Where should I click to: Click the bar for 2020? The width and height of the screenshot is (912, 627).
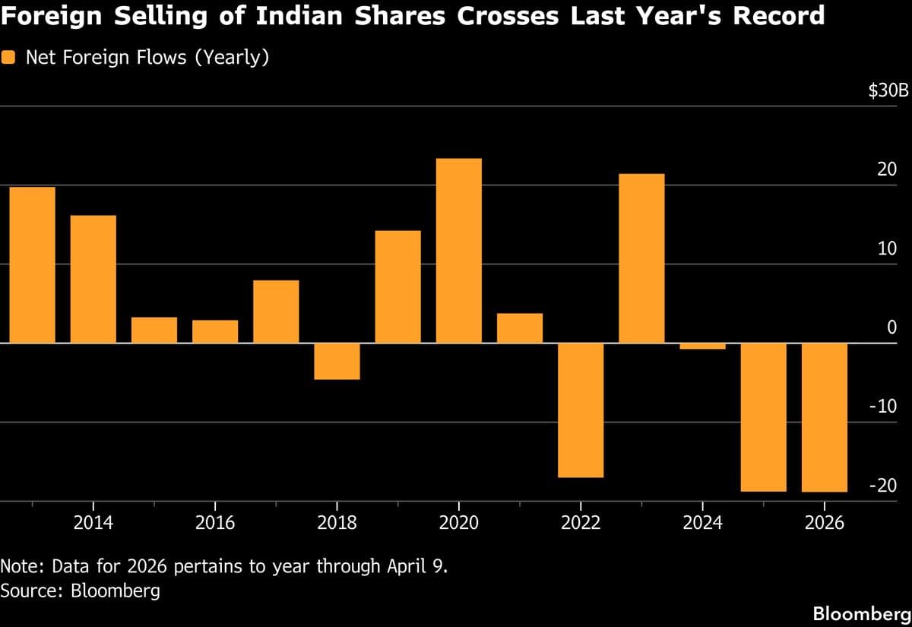pyautogui.click(x=458, y=251)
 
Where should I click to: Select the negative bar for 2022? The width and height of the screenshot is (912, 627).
pyautogui.click(x=580, y=410)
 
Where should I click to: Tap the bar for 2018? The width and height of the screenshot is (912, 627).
pyautogui.click(x=337, y=362)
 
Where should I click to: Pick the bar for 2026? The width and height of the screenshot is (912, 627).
pyautogui.click(x=824, y=418)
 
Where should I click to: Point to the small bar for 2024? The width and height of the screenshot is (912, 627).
pyautogui.click(x=702, y=347)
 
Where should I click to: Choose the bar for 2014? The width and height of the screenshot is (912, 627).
pyautogui.click(x=93, y=279)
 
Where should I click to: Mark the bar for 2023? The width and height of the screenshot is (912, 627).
pyautogui.click(x=641, y=258)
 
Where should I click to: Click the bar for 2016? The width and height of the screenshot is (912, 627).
pyautogui.click(x=215, y=331)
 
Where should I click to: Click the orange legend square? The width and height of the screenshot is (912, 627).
pyautogui.click(x=9, y=58)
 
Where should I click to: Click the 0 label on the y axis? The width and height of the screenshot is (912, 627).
pyautogui.click(x=892, y=328)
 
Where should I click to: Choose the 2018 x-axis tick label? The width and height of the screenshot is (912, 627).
pyautogui.click(x=337, y=524)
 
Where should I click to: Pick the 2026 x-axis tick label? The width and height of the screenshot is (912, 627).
pyautogui.click(x=824, y=524)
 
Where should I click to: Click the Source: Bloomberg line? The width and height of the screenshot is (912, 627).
pyautogui.click(x=81, y=591)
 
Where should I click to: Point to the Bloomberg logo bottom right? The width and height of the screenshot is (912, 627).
pyautogui.click(x=860, y=613)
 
